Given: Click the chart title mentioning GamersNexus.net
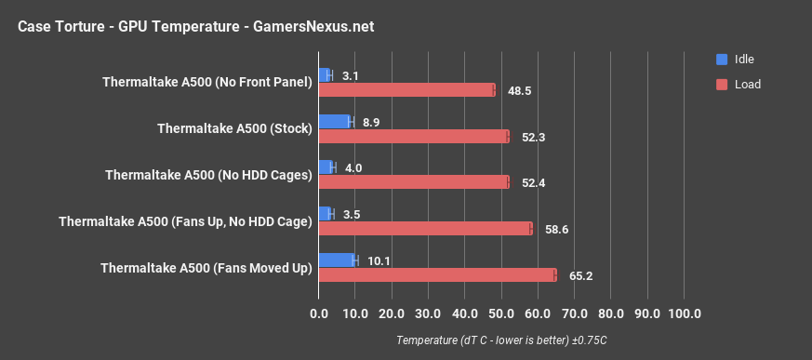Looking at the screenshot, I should pos(195,26).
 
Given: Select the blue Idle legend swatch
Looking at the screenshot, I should pos(722,60).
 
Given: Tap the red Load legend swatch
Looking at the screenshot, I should pos(722,84).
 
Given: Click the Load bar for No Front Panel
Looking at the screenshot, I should pos(406,90).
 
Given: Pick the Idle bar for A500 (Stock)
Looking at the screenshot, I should pos(335,121).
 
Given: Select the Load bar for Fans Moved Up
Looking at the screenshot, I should pos(437,274).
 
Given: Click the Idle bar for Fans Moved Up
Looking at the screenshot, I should pos(337,260).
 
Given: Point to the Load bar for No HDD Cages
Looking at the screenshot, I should pos(414,182).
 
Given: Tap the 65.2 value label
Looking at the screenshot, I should pos(579,275).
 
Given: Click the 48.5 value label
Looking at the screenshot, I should pos(519,91).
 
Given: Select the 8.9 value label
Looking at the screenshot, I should pos(371,122).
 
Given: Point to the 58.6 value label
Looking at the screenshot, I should pos(555,229).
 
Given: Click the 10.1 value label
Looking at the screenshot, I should pos(379,260).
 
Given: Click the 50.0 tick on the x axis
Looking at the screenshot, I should pos(501,313).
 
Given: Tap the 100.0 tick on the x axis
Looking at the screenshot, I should pos(684,313).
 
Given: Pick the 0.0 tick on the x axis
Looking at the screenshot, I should pos(319,313).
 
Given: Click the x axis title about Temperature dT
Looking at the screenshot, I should pos(501,340).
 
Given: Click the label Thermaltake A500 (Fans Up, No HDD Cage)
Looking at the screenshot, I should pos(184,221).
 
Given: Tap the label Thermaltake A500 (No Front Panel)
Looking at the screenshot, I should pos(206,82).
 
